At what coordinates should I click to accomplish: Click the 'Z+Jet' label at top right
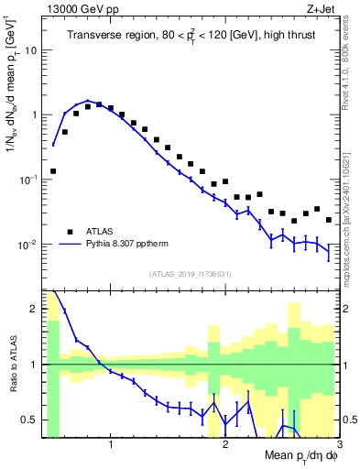pyautogui.click(x=323, y=8)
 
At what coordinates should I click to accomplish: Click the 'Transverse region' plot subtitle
pyautogui.click(x=191, y=35)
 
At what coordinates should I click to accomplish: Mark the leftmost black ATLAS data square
pyautogui.click(x=53, y=171)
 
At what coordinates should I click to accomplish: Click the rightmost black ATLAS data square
pyautogui.click(x=329, y=220)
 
